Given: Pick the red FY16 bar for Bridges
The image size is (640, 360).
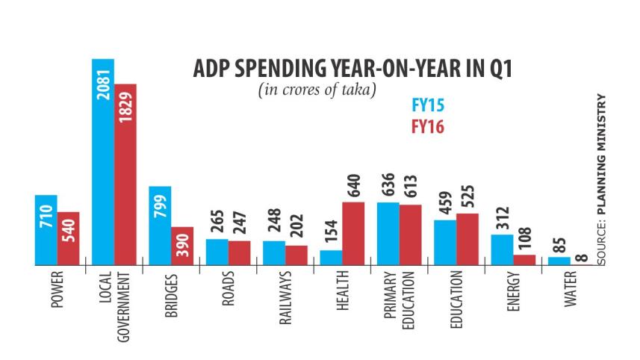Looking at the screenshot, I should click(x=182, y=246).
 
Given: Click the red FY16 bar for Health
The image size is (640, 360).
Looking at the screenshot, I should click(x=353, y=233).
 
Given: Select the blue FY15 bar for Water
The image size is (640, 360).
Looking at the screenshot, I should click(x=559, y=261).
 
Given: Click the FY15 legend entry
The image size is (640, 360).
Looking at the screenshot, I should click(x=428, y=105).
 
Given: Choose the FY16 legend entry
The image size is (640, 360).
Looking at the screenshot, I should click(x=428, y=127).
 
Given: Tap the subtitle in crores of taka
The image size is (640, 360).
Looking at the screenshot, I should click(x=317, y=90).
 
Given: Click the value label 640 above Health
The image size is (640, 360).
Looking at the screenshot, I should click(x=353, y=184).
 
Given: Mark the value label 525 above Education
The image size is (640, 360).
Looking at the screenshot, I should click(x=467, y=196).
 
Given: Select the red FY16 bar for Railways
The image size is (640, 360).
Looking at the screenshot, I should click(x=296, y=255).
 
